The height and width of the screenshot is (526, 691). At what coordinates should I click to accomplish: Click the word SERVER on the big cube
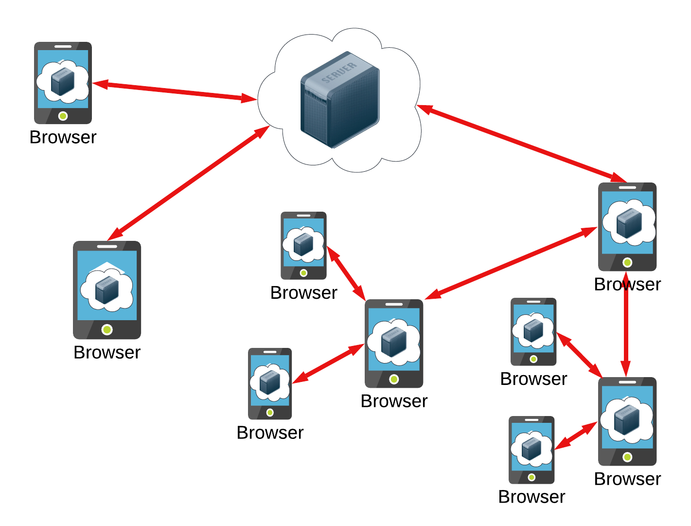[339, 73]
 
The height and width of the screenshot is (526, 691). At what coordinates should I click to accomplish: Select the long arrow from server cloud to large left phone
[189, 183]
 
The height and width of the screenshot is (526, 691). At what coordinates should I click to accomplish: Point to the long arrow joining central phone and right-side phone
[511, 263]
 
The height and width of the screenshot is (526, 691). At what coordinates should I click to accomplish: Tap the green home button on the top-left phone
[63, 116]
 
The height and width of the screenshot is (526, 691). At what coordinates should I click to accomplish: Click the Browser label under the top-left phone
[63, 137]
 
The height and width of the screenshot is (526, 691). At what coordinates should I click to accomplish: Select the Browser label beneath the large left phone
[107, 352]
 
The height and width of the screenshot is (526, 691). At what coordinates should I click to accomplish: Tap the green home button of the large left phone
[107, 329]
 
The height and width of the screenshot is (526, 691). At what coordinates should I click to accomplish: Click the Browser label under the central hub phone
[394, 401]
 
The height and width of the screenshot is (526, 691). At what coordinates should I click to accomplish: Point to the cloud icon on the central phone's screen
[393, 341]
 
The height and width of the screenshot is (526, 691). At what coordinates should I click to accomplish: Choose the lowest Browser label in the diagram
[532, 497]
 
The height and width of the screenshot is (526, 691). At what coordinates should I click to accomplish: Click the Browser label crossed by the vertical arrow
[627, 284]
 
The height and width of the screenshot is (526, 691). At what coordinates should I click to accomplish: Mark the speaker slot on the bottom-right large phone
[627, 382]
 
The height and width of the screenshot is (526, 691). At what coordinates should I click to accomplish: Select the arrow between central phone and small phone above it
[346, 273]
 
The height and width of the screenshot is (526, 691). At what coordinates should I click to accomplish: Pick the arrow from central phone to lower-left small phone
[328, 363]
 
